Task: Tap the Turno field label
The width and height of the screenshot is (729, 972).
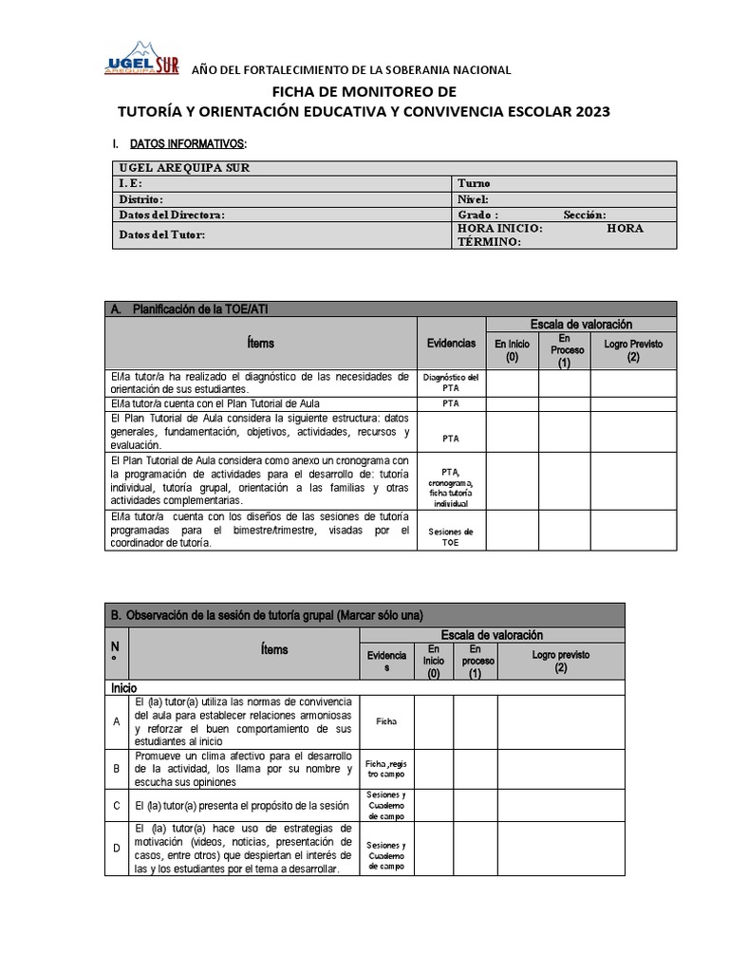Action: (x=475, y=183)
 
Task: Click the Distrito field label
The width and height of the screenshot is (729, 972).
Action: (x=141, y=199)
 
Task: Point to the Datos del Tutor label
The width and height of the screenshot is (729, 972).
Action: (x=161, y=234)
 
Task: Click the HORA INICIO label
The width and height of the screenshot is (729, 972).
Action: (x=500, y=229)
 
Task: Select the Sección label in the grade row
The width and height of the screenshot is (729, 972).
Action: (x=584, y=215)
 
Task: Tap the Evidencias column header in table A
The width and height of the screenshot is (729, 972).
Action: (x=450, y=343)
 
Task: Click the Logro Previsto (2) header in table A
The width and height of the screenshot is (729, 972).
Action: (x=633, y=349)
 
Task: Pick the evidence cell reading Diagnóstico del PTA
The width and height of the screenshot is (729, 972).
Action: (x=450, y=383)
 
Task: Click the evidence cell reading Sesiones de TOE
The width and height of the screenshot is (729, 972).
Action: (x=450, y=536)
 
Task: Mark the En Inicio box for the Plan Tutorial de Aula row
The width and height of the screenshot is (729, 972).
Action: (x=513, y=402)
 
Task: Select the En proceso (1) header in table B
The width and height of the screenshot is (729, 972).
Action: (x=475, y=662)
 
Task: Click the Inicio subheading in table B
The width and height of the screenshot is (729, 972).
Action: (x=124, y=686)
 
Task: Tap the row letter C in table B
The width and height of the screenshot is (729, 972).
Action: (x=116, y=805)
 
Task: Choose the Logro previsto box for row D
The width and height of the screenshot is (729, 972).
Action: (x=561, y=849)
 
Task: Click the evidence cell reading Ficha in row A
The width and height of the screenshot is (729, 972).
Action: (x=385, y=720)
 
